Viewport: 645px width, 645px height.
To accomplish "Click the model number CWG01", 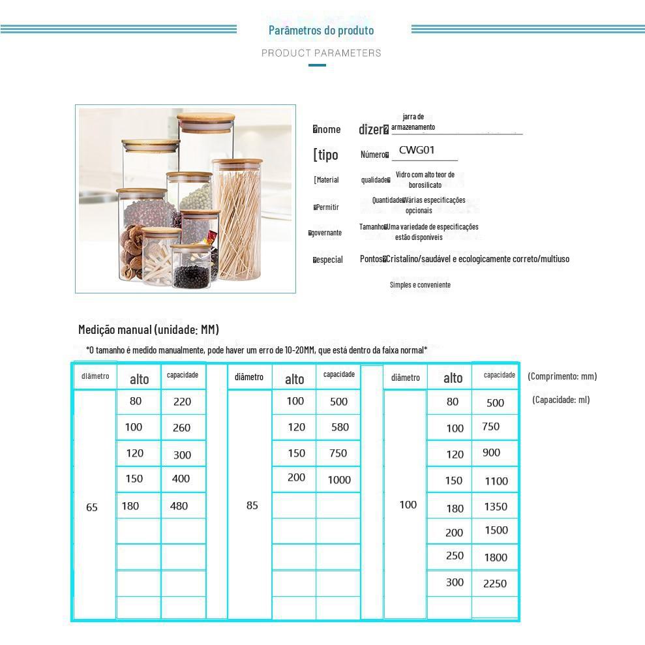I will pyautogui.click(x=417, y=150).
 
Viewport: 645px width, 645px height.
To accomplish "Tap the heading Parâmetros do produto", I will pyautogui.click(x=321, y=30).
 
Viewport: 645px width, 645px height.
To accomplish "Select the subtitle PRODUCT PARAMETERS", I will pyautogui.click(x=321, y=53).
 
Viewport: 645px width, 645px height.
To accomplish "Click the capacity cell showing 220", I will pyautogui.click(x=182, y=402).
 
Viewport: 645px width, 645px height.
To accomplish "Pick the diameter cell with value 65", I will pyautogui.click(x=92, y=507).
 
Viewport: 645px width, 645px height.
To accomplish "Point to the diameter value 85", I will pyautogui.click(x=252, y=505).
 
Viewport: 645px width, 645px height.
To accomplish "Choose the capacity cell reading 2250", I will pyautogui.click(x=495, y=584).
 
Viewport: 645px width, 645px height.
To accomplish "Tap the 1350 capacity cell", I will pyautogui.click(x=496, y=507).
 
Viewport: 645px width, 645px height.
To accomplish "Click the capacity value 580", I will pyautogui.click(x=340, y=427).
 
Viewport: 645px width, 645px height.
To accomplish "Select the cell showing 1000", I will pyautogui.click(x=339, y=479).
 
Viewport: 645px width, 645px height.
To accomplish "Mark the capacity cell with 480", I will pyautogui.click(x=179, y=505).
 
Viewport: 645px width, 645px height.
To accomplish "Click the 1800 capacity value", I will pyautogui.click(x=496, y=557).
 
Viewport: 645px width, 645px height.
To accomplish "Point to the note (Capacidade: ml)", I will pyautogui.click(x=561, y=400).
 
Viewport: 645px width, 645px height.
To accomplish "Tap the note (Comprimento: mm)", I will pyautogui.click(x=562, y=376).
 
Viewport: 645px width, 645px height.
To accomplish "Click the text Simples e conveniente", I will pyautogui.click(x=420, y=285).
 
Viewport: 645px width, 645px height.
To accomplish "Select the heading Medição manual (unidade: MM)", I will pyautogui.click(x=149, y=329).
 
